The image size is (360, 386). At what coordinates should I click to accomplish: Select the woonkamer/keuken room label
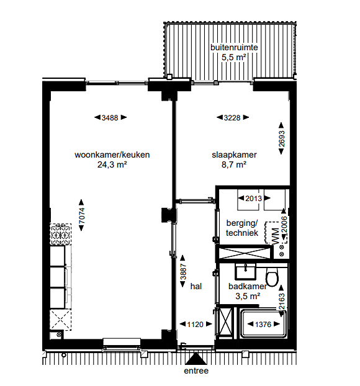point(112,155)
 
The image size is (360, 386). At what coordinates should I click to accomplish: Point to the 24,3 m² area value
point(112,165)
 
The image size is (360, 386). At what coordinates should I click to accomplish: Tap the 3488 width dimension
point(110,117)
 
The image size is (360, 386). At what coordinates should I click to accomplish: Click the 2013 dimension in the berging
point(253,199)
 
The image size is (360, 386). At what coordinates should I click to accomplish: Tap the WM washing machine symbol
point(271,234)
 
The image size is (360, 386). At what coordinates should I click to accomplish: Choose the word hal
point(197,286)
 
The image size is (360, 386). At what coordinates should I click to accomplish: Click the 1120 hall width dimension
point(196,324)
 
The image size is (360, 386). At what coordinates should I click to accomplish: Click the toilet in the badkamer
point(272,276)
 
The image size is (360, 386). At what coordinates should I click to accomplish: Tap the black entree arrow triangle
point(196,359)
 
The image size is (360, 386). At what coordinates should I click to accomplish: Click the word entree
point(196,371)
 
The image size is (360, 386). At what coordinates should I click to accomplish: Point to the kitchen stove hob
point(58,234)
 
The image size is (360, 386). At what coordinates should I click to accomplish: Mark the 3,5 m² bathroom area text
point(247,297)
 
